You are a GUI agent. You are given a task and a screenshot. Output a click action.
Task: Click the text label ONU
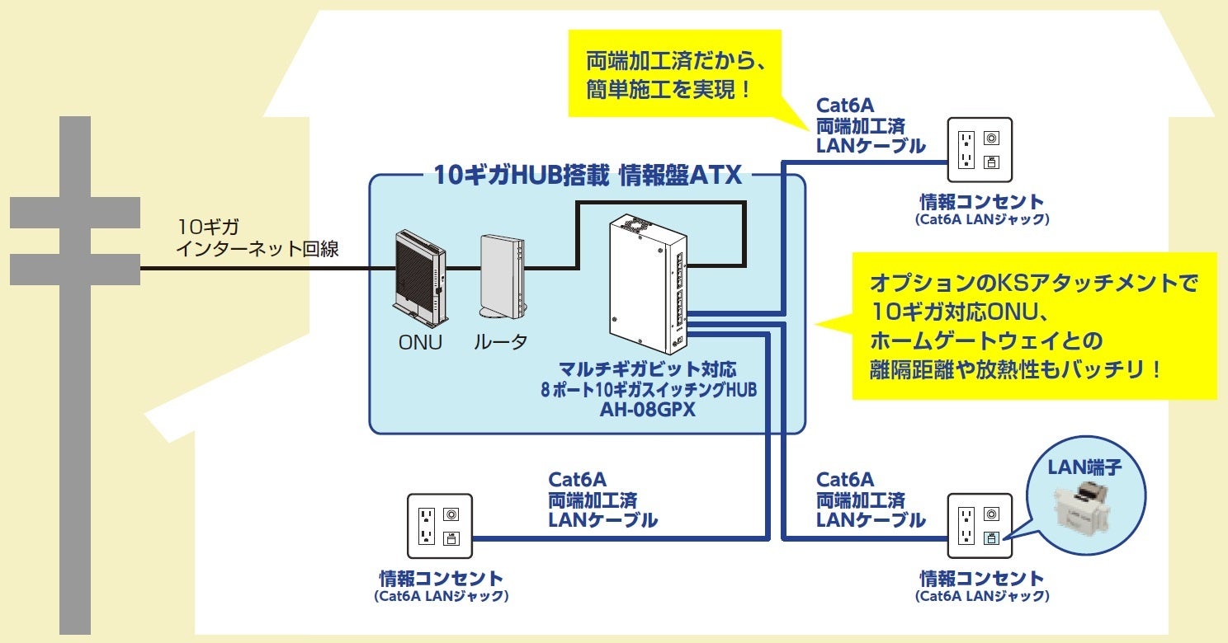click(420, 342)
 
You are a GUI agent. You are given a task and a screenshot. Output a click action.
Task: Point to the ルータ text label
click(500, 342)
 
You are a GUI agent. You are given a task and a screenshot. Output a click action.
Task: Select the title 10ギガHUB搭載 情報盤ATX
click(588, 175)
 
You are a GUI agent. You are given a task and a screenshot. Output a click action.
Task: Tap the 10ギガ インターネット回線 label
click(257, 238)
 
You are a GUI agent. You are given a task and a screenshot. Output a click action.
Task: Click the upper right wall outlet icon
click(980, 149)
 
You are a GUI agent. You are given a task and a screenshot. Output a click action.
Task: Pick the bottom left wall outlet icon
click(439, 526)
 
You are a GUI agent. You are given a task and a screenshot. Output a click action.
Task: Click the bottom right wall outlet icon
click(980, 526)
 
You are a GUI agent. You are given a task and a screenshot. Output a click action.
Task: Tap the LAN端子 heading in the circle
click(1084, 468)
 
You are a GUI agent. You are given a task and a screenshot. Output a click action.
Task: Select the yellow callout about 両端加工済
click(674, 74)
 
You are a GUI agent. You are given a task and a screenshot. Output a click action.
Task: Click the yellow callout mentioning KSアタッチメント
click(1033, 326)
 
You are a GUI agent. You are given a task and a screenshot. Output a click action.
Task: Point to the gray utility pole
click(75, 371)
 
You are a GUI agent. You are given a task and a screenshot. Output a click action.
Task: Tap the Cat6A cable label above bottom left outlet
click(602, 500)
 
